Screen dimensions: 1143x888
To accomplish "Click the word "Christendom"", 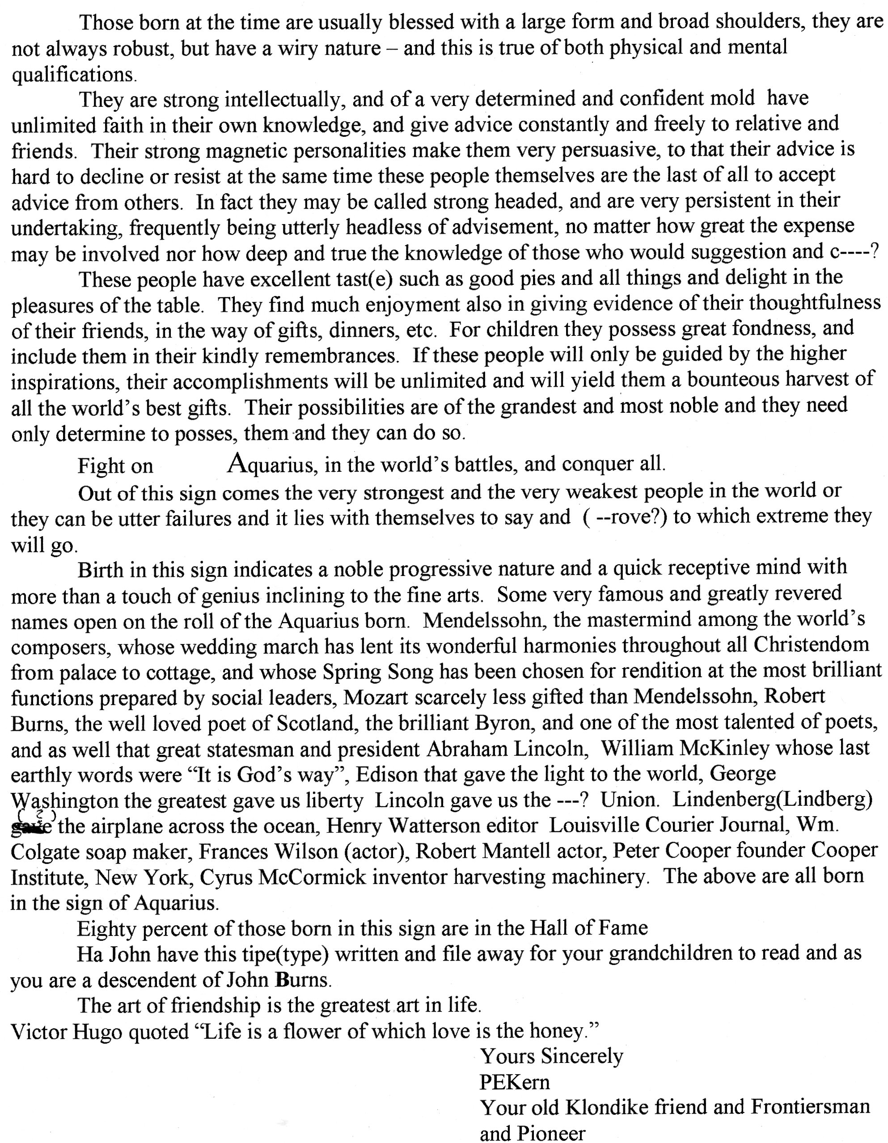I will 811,645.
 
